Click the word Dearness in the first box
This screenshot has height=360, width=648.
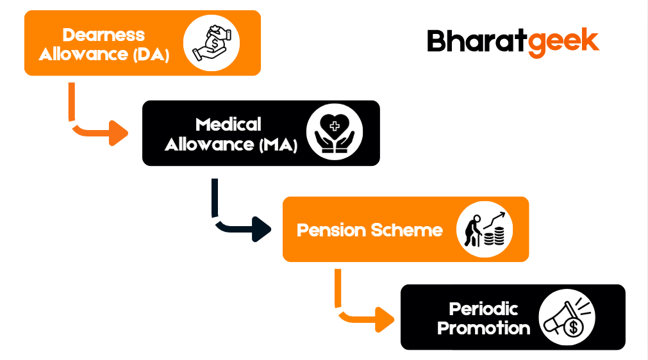point(104,35)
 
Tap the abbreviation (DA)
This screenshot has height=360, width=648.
point(151,54)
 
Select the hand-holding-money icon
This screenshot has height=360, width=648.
point(212,43)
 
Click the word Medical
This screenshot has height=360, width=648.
point(229,124)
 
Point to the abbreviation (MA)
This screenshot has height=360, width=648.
point(278,145)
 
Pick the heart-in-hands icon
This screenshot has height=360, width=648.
point(335,133)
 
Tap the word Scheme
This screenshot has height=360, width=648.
point(408,230)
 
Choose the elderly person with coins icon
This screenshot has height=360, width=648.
point(485,230)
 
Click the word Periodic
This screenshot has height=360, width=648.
point(484,309)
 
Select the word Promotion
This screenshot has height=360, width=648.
point(484,329)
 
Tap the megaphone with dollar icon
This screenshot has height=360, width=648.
point(567,318)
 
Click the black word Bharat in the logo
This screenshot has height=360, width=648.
point(478,42)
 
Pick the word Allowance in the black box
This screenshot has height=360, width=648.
point(210,145)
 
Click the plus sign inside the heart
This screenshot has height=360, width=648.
point(335,126)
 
